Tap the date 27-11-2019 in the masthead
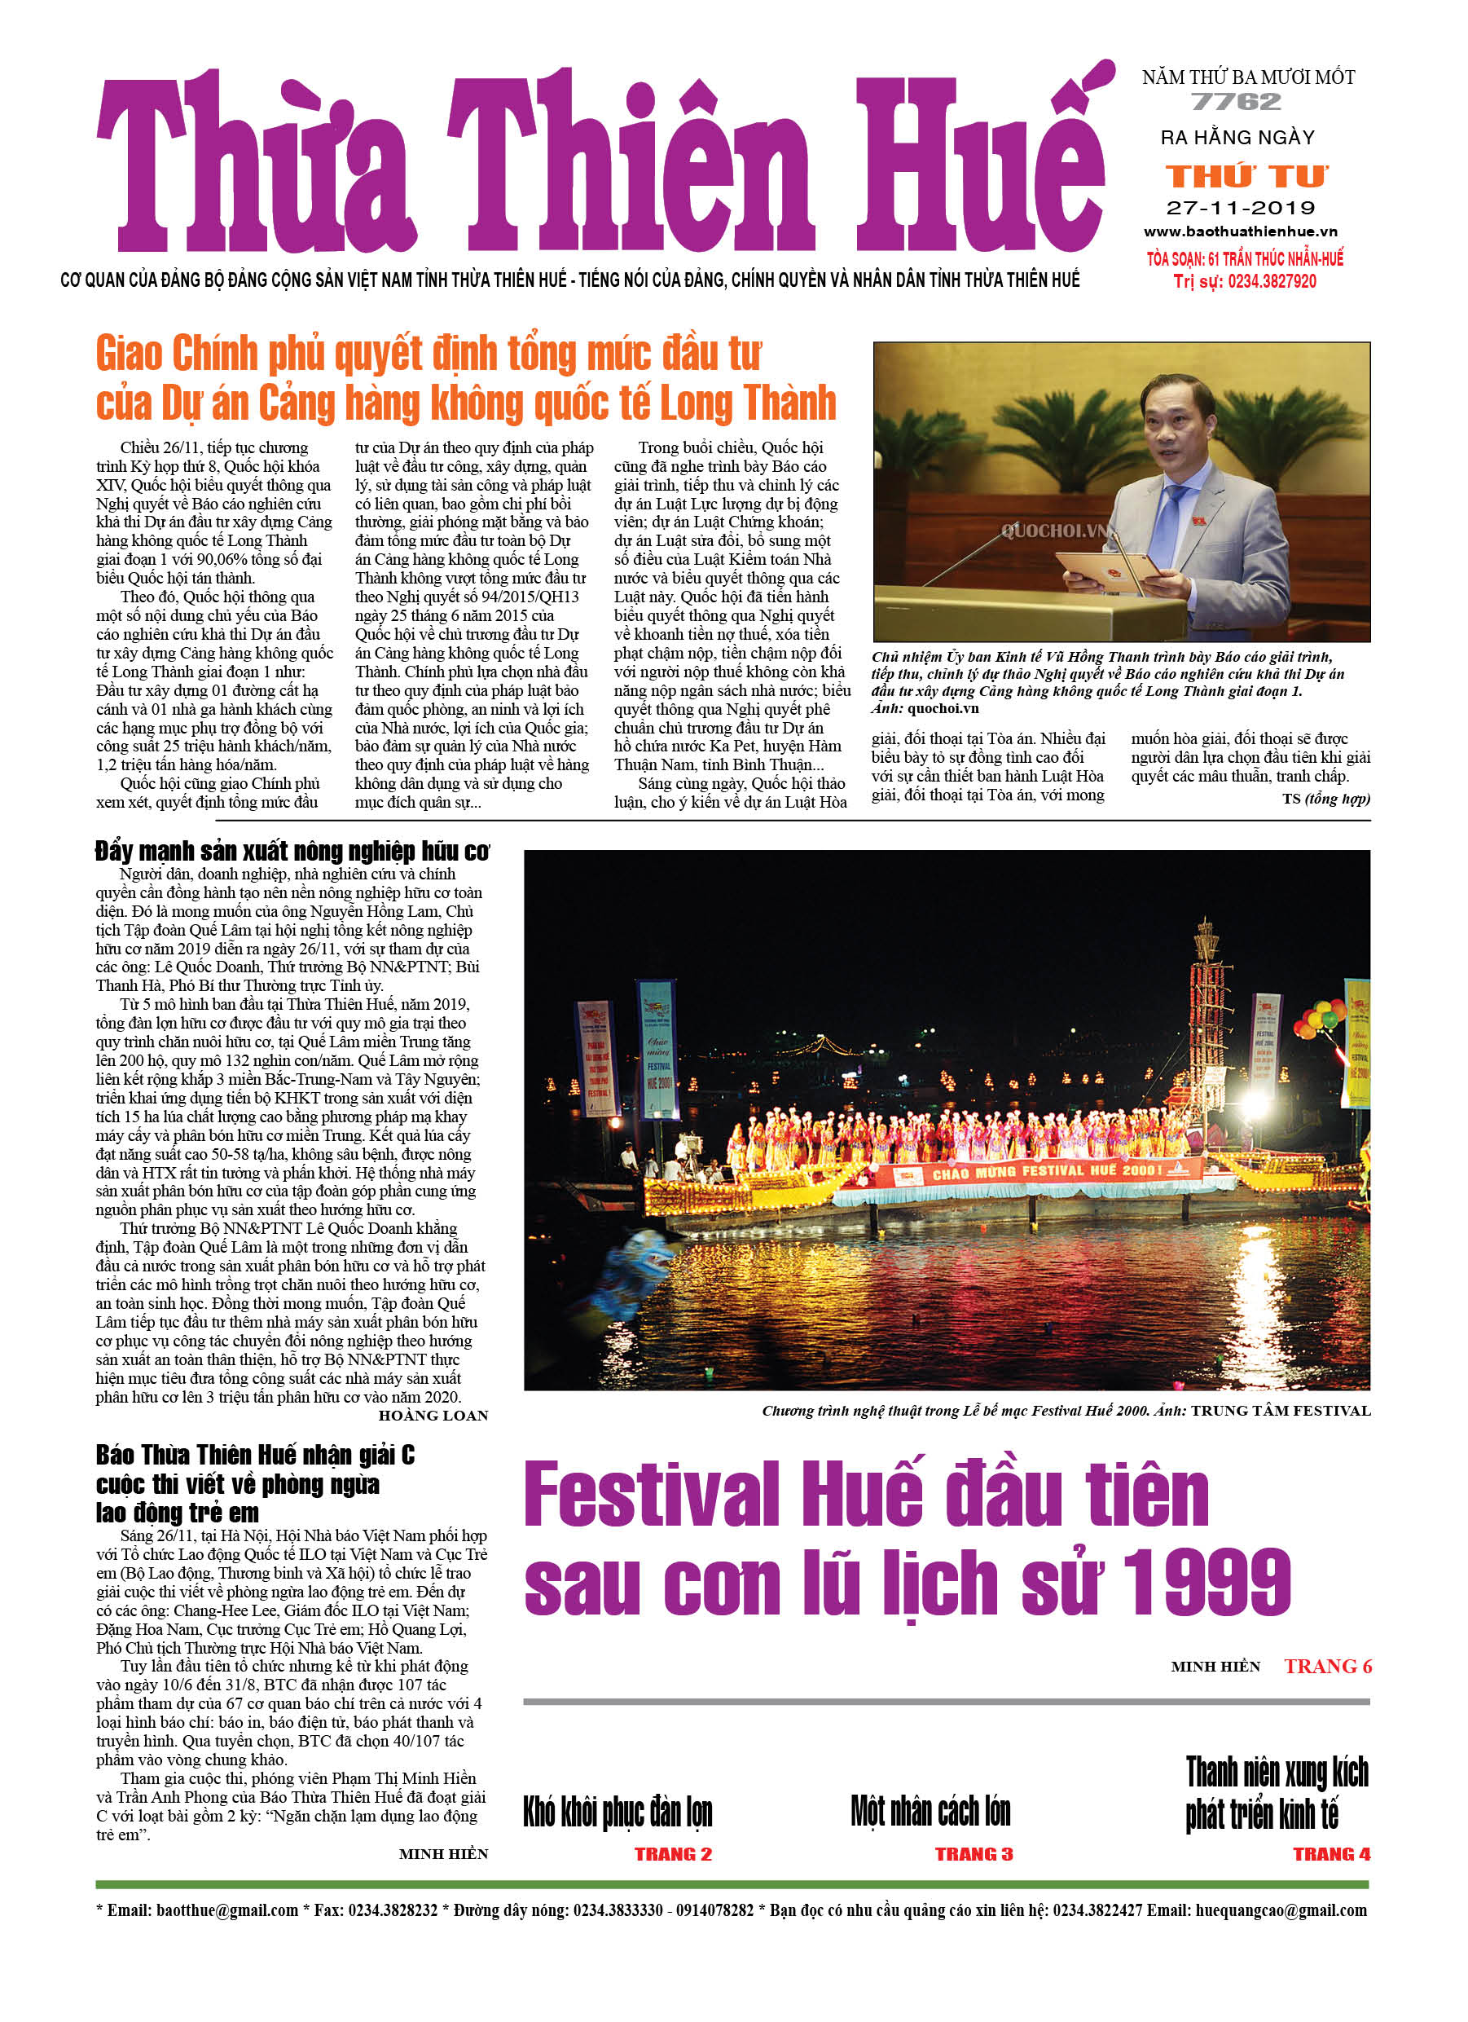pyautogui.click(x=1240, y=208)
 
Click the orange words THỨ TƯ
pyautogui.click(x=1246, y=176)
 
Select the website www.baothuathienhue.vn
pyautogui.click(x=1240, y=231)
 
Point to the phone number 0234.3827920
pyautogui.click(x=1271, y=282)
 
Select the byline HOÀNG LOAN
pyautogui.click(x=433, y=1415)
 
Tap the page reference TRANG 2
pyautogui.click(x=673, y=1854)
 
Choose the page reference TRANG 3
pyautogui.click(x=974, y=1854)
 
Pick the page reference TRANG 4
pyautogui.click(x=1331, y=1854)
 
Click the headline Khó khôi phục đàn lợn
pyautogui.click(x=617, y=1813)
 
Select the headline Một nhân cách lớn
pyautogui.click(x=930, y=1812)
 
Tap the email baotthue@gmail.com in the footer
pyautogui.click(x=226, y=1910)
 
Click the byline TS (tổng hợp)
pyautogui.click(x=1325, y=799)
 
